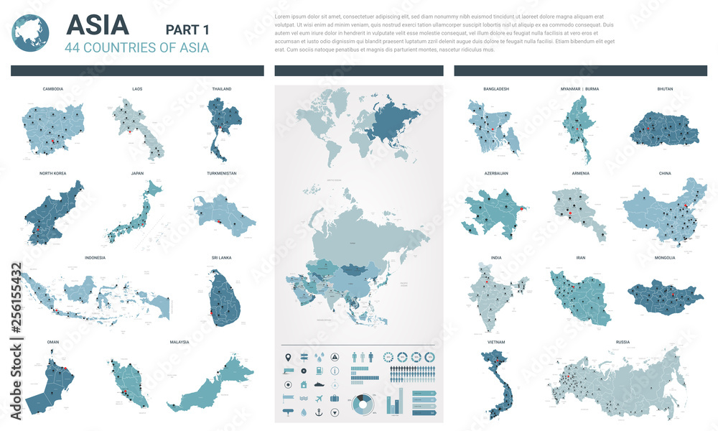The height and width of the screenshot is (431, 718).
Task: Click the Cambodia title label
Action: click(x=53, y=89)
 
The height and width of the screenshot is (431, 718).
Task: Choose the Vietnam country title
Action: click(x=496, y=342)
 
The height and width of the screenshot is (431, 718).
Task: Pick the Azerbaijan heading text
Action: click(x=496, y=174)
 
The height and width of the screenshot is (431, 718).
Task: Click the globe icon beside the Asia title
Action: click(x=31, y=33)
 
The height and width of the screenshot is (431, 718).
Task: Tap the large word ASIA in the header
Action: click(x=97, y=26)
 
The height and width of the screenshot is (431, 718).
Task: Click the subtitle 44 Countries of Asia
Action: click(x=137, y=48)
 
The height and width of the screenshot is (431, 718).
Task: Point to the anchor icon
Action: click(x=319, y=412)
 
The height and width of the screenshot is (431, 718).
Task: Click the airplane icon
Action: click(x=319, y=399)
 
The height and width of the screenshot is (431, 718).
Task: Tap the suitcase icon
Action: click(x=335, y=399)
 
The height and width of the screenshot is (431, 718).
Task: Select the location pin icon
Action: click(x=288, y=357)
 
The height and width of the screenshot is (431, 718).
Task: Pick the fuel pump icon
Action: click(x=320, y=371)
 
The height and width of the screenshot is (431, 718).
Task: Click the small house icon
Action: click(x=304, y=385)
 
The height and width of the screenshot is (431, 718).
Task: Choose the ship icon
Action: click(x=319, y=385)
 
